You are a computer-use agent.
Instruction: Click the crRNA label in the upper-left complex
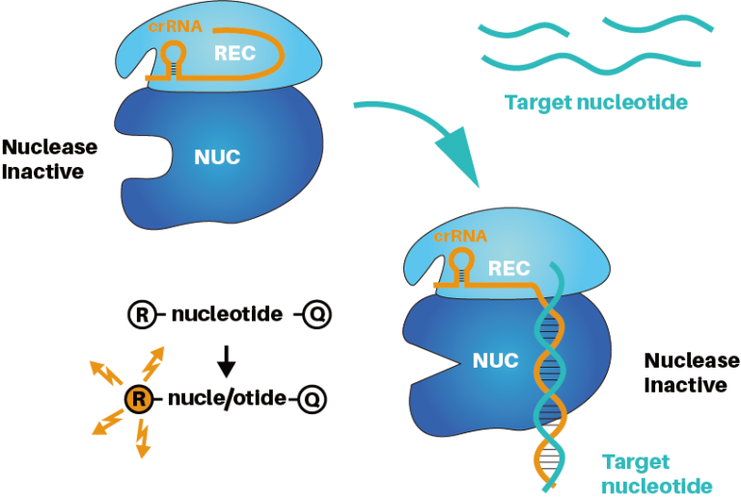[176, 27]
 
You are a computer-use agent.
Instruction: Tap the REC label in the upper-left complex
[235, 53]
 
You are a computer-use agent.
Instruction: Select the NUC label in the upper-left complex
[217, 156]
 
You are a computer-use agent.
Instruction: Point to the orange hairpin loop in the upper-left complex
[175, 52]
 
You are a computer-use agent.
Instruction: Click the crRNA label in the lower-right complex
[460, 236]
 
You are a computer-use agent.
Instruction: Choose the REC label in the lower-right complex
[508, 268]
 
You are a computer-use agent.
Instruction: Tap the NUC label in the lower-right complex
[495, 361]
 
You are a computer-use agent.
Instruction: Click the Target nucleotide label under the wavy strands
[596, 103]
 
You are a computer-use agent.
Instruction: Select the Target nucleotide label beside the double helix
[657, 473]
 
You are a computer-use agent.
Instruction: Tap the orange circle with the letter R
[139, 399]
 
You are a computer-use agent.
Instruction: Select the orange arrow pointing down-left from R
[106, 422]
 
